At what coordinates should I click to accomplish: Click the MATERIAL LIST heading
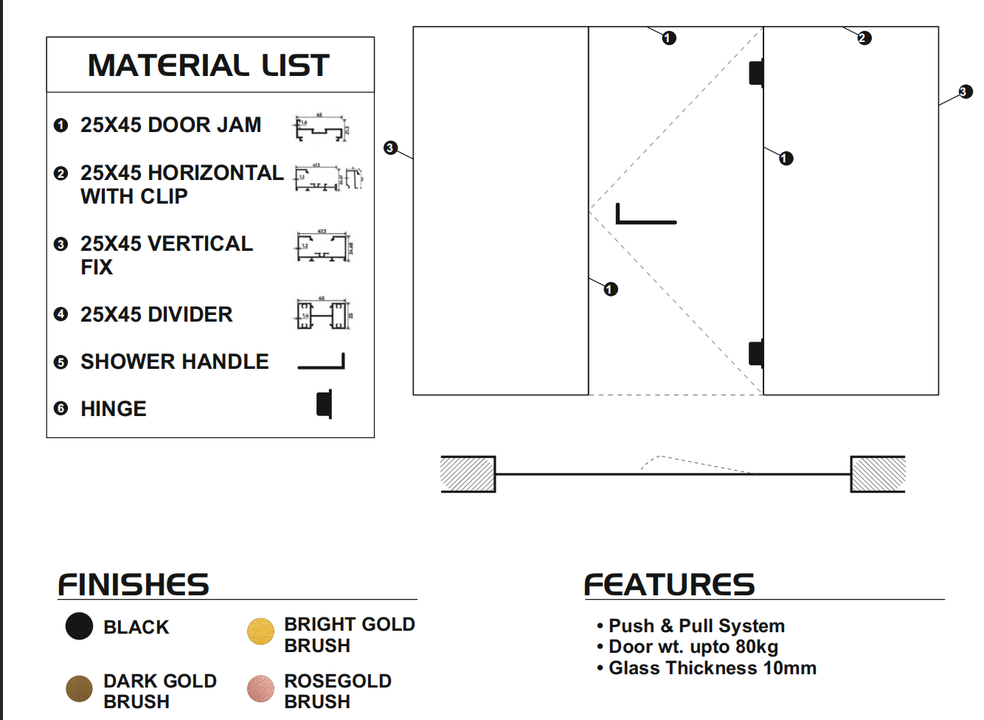pyautogui.click(x=209, y=66)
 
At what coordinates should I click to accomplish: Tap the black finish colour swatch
pyautogui.click(x=79, y=626)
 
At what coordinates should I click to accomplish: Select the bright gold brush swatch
pyautogui.click(x=260, y=631)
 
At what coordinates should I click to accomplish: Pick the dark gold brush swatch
pyautogui.click(x=79, y=688)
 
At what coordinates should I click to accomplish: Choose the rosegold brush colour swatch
pyautogui.click(x=260, y=688)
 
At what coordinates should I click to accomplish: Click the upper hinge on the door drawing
pyautogui.click(x=756, y=73)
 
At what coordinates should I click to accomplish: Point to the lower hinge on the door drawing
pyautogui.click(x=756, y=353)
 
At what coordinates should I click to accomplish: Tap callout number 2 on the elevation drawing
pyautogui.click(x=865, y=38)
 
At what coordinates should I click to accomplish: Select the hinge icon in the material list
pyautogui.click(x=325, y=404)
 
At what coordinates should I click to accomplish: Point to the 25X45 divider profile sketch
pyautogui.click(x=323, y=315)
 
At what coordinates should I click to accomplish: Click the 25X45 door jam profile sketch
pyautogui.click(x=321, y=128)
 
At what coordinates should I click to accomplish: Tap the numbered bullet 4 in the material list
pyautogui.click(x=61, y=314)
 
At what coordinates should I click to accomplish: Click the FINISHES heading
pyautogui.click(x=134, y=585)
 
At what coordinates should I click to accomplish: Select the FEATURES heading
pyautogui.click(x=669, y=585)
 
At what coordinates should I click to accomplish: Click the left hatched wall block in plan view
pyautogui.click(x=468, y=474)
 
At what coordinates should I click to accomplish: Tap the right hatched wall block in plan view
pyautogui.click(x=878, y=474)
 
